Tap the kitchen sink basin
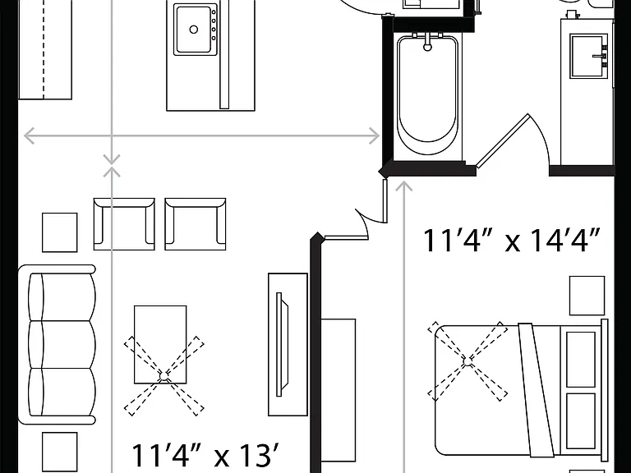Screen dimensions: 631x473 coord(194,29)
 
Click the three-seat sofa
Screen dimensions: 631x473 coord(58,344)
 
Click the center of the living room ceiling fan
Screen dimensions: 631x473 coord(164,376)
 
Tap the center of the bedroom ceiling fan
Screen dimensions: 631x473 coord(467,362)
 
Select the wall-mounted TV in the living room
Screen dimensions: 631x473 coord(283,345)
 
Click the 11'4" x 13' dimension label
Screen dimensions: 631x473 coord(205,455)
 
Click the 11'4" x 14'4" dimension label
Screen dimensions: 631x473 coord(512,241)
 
